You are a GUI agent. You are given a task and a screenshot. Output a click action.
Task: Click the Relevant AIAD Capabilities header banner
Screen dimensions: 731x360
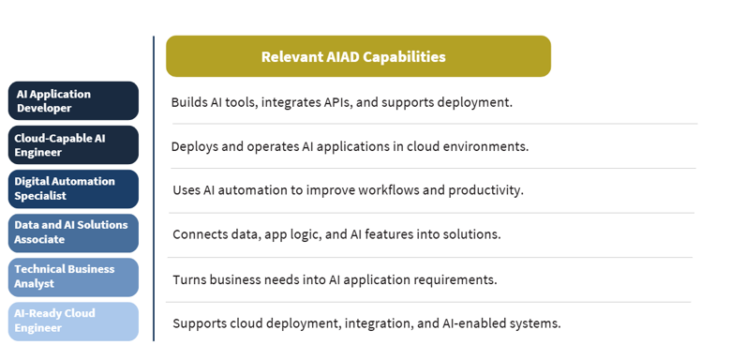pyautogui.click(x=358, y=56)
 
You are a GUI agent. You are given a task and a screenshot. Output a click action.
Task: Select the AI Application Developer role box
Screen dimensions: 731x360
pyautogui.click(x=73, y=100)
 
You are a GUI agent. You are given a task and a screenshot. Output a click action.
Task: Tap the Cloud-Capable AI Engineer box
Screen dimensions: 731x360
pyautogui.click(x=73, y=145)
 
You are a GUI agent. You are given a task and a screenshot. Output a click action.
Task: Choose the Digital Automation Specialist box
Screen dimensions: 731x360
pyautogui.click(x=73, y=188)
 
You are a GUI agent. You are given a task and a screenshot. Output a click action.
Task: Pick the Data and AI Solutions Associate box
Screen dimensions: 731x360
pyautogui.click(x=73, y=233)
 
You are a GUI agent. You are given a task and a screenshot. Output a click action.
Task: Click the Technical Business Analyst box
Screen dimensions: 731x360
pyautogui.click(x=73, y=277)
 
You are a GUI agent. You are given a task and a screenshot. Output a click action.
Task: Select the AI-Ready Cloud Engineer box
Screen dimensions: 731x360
pyautogui.click(x=73, y=322)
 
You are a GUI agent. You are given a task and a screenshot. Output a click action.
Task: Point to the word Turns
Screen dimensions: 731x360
pyautogui.click(x=188, y=279)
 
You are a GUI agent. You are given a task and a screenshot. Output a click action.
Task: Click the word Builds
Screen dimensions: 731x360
pyautogui.click(x=186, y=102)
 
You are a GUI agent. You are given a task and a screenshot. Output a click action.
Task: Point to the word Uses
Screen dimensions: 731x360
pyautogui.click(x=186, y=190)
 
